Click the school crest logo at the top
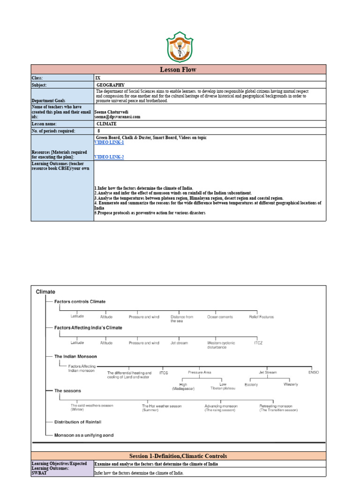pos(180,47)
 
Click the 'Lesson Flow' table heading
pos(178,69)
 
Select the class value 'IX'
pos(97,78)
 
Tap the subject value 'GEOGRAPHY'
pos(111,85)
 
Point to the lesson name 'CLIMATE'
pos(106,124)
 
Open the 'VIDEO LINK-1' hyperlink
pos(109,142)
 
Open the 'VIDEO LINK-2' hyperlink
pos(109,157)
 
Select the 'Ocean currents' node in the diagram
pos(220,317)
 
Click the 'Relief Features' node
pos(261,317)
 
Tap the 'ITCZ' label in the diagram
pos(258,343)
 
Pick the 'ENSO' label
pos(313,372)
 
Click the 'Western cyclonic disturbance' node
pos(221,345)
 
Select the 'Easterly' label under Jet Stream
pos(251,384)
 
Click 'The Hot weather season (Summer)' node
pos(162,408)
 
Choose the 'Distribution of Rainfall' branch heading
pos(78,422)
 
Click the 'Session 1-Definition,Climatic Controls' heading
pos(178,456)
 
